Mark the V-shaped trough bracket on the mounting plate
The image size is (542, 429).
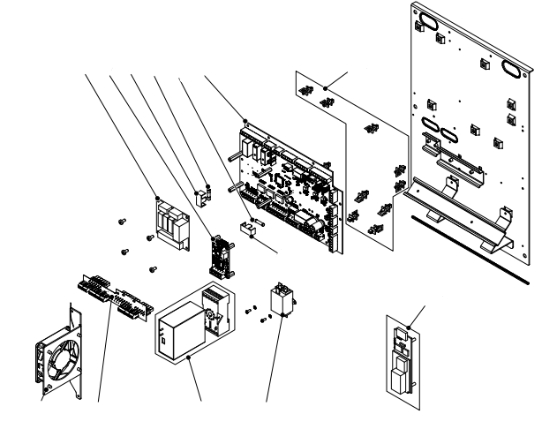[459, 212]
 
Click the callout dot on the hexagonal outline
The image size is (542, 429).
[191, 356]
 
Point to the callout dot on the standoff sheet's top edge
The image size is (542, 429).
[327, 87]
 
